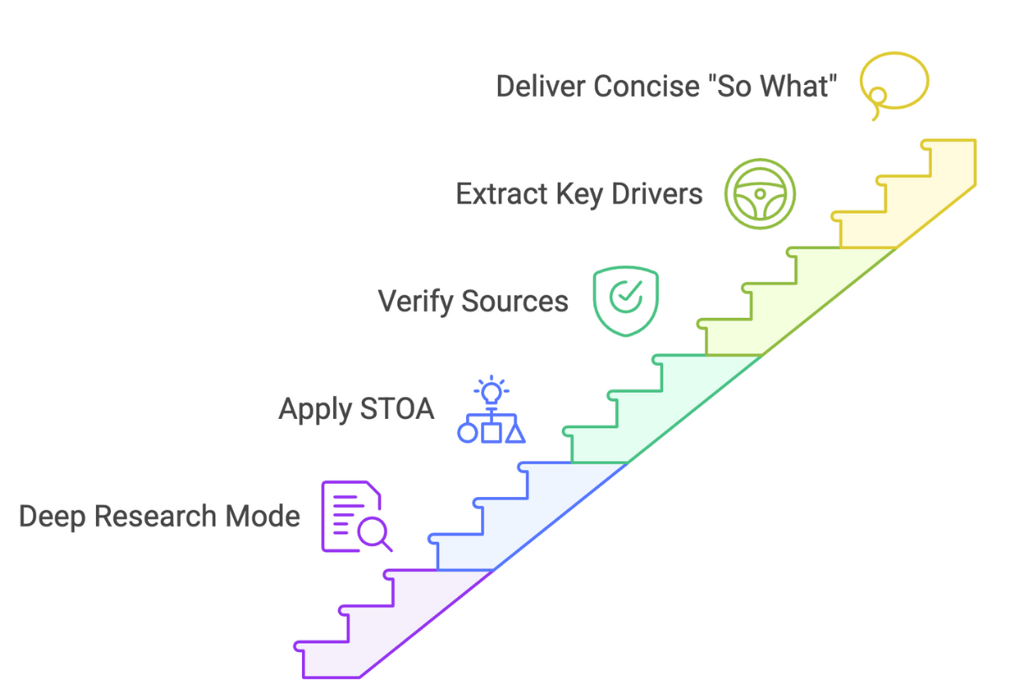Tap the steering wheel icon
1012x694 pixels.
point(760,193)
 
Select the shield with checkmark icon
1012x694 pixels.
point(626,300)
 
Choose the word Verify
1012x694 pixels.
point(408,301)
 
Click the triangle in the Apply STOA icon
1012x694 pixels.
point(515,432)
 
